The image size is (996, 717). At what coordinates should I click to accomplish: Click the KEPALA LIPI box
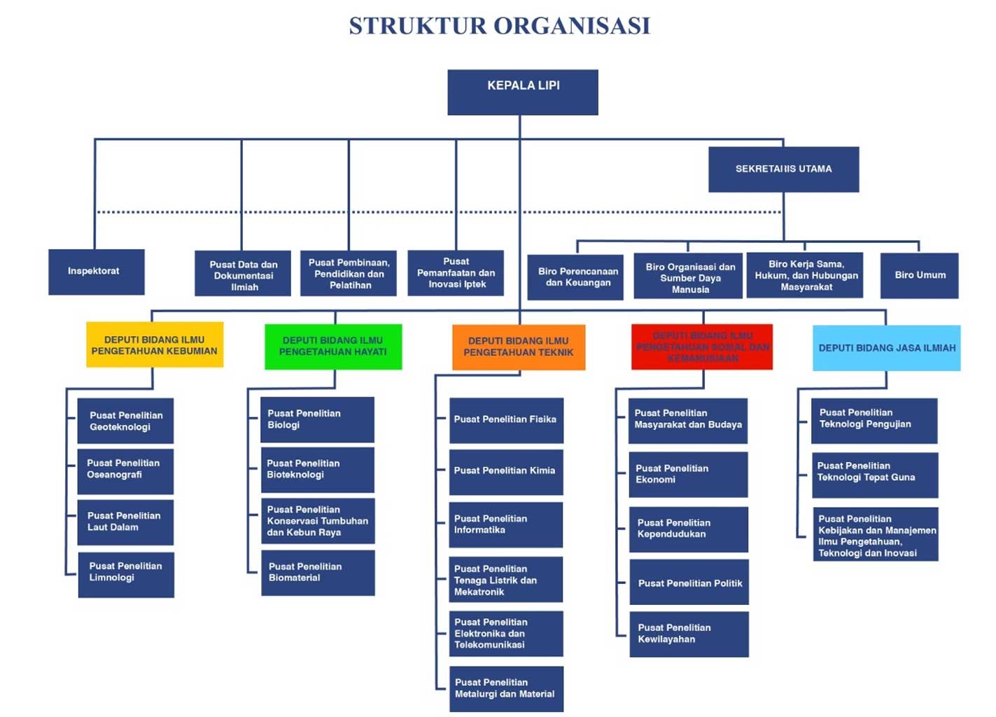(x=523, y=92)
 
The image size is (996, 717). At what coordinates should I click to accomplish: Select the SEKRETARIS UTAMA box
(x=783, y=169)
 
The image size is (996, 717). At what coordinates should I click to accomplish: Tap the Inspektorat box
(x=97, y=272)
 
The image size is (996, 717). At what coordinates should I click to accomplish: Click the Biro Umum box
(x=919, y=275)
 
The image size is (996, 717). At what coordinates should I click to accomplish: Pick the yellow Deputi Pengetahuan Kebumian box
(x=155, y=344)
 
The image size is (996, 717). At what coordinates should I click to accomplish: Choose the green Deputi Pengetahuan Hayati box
(x=333, y=346)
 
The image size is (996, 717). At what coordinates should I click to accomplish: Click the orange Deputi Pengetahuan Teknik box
(x=519, y=347)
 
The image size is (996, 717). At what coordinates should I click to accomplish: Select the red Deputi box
(x=702, y=347)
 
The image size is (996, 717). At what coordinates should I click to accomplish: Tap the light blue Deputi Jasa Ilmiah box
(x=886, y=347)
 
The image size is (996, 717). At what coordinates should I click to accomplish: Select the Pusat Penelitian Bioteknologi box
(x=317, y=470)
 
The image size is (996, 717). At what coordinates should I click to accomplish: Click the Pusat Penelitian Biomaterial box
(x=318, y=573)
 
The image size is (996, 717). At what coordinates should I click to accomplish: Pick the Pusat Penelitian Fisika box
(x=506, y=420)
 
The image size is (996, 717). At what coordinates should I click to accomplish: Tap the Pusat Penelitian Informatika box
(x=506, y=524)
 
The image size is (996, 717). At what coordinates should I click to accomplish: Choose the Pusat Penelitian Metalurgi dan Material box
(x=506, y=688)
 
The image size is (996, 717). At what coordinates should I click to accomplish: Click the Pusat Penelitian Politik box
(x=689, y=582)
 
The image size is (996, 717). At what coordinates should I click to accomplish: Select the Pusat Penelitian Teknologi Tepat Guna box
(x=875, y=474)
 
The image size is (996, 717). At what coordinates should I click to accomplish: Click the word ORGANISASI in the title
(x=572, y=26)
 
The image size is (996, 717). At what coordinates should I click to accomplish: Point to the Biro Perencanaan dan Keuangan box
(x=575, y=277)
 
